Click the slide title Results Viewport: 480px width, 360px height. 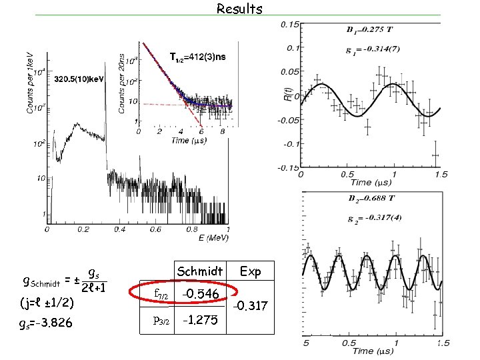[239, 9]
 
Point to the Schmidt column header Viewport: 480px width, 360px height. [199, 271]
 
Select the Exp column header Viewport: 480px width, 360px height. [251, 271]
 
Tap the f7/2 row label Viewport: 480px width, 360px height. [161, 294]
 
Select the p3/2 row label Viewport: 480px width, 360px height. [162, 320]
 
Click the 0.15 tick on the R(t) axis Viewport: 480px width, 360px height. [289, 25]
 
